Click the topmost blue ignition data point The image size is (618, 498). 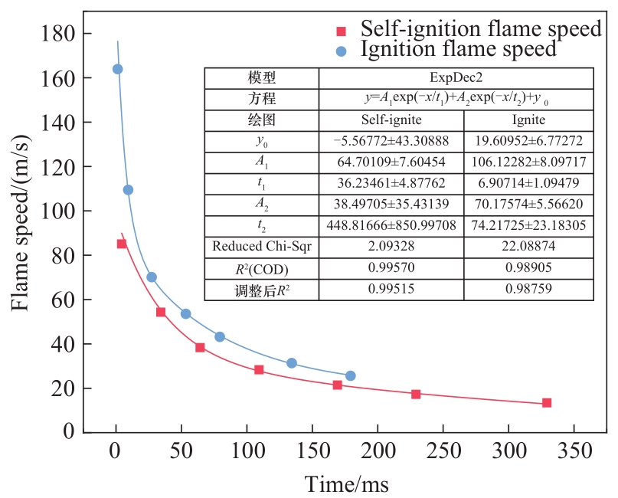(117, 69)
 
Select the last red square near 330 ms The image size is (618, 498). (547, 403)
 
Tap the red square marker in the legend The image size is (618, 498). (342, 31)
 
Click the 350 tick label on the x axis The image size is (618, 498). (573, 450)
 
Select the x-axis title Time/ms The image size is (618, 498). (347, 484)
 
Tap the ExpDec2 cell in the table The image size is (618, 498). (456, 78)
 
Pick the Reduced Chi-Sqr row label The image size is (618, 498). (261, 247)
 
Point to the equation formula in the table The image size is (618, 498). (456, 100)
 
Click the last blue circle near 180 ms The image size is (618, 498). (350, 376)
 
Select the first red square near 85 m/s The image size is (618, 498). (122, 244)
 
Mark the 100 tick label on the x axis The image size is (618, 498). (246, 450)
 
